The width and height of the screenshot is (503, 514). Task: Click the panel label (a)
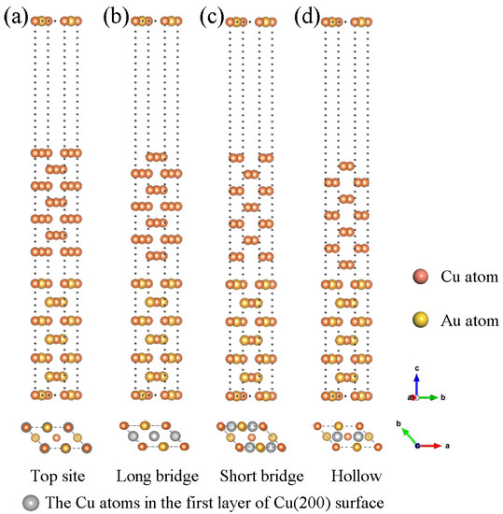(x=18, y=16)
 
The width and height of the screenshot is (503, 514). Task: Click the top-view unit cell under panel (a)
(x=55, y=436)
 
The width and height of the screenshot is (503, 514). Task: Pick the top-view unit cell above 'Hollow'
(x=343, y=436)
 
